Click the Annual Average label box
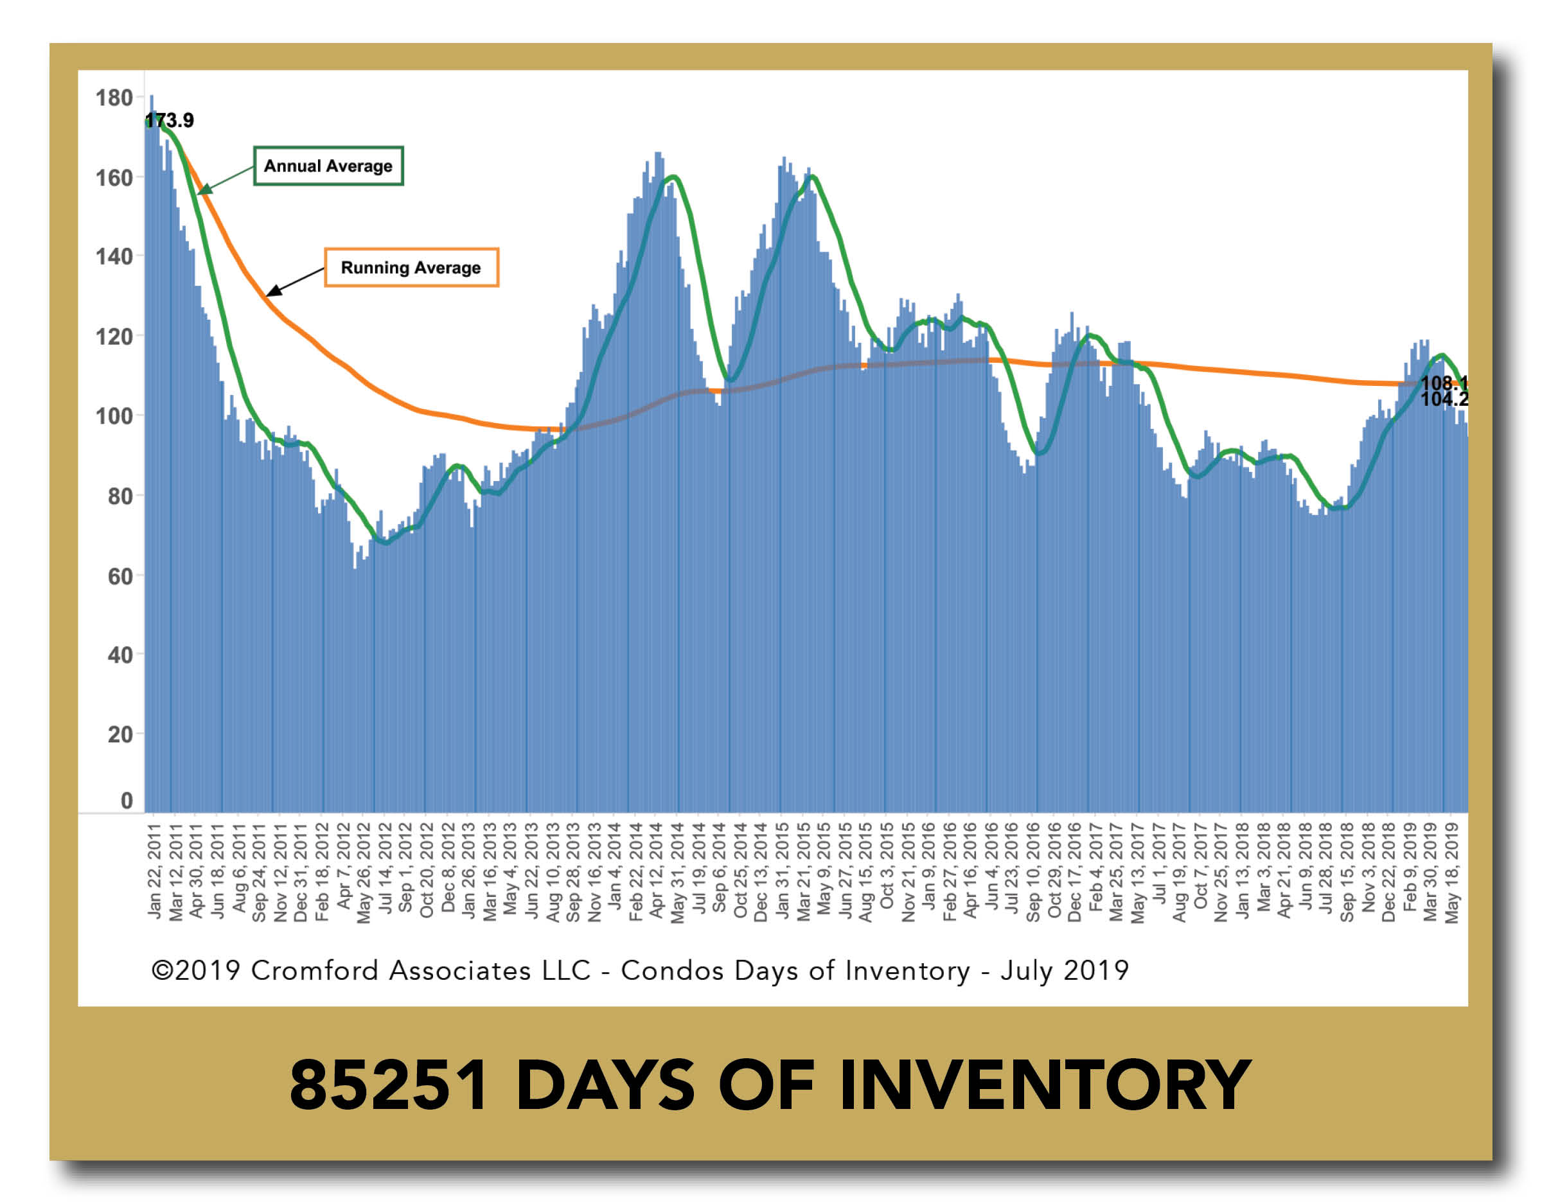tap(328, 166)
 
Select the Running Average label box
tap(411, 268)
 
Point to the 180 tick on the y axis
tap(114, 98)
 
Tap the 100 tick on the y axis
tap(114, 415)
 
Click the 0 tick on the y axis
tap(127, 800)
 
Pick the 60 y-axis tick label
tap(120, 576)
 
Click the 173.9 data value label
tap(170, 120)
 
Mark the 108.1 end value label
tap(1444, 383)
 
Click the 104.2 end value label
tap(1444, 399)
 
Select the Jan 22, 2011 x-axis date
tap(155, 871)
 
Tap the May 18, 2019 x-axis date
tap(1452, 872)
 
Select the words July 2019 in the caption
tap(1065, 970)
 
